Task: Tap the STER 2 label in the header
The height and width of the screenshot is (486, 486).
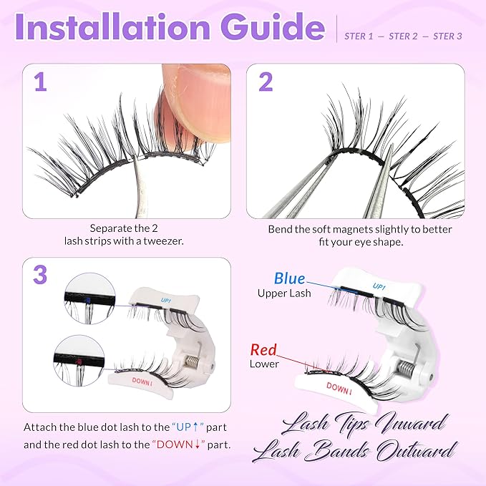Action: [x=404, y=37]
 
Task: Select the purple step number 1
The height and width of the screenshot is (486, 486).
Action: [x=41, y=82]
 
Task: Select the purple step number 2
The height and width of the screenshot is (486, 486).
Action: [x=266, y=82]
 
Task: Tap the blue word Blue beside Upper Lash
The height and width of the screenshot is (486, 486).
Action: [x=289, y=278]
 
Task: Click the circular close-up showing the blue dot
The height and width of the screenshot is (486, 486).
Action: [x=84, y=296]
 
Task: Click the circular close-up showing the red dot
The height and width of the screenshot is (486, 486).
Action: [x=79, y=359]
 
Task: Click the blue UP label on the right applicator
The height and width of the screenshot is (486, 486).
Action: [x=379, y=286]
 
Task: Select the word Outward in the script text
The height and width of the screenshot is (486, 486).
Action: [x=413, y=451]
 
